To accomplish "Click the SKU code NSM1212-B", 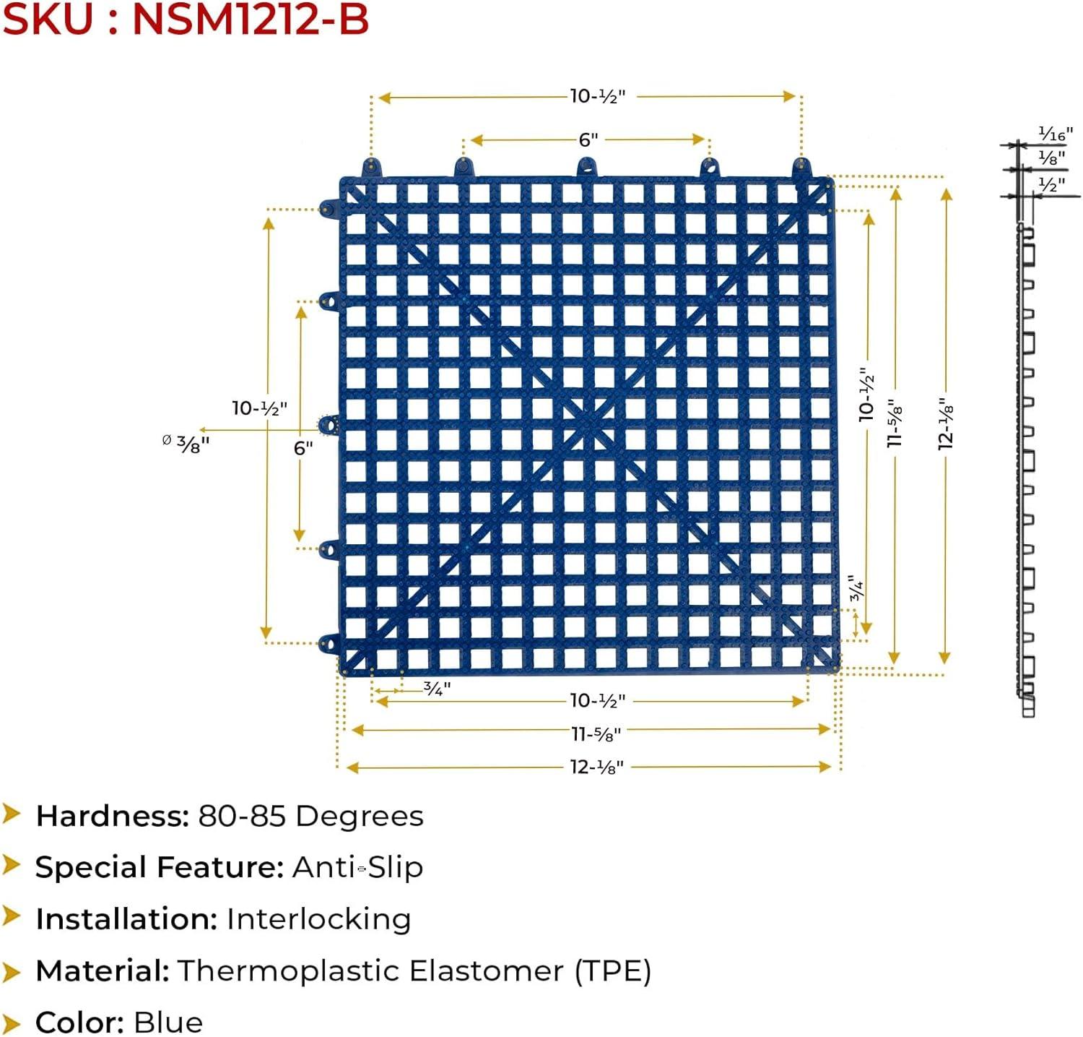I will (x=251, y=19).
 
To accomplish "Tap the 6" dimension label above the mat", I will (x=588, y=139).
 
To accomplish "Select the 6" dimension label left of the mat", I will (x=303, y=448).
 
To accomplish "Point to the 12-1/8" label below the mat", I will (x=596, y=767).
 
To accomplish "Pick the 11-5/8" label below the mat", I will (x=596, y=734).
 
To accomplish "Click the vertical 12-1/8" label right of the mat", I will (x=947, y=424).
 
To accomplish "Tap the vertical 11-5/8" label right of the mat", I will (x=895, y=423).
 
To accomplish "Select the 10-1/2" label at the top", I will (x=597, y=96).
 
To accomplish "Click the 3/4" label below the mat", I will (x=436, y=689).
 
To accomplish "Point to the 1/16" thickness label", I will (x=1055, y=134).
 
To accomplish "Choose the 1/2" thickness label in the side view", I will (x=1051, y=185).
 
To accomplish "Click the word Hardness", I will (x=112, y=816).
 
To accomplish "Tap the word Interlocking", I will (x=318, y=919).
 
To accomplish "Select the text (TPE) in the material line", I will (x=613, y=971).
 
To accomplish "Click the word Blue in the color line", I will (x=168, y=1023).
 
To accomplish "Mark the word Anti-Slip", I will (x=357, y=867).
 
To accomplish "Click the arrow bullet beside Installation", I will (x=11, y=917).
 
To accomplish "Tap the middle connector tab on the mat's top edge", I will (x=587, y=168).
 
